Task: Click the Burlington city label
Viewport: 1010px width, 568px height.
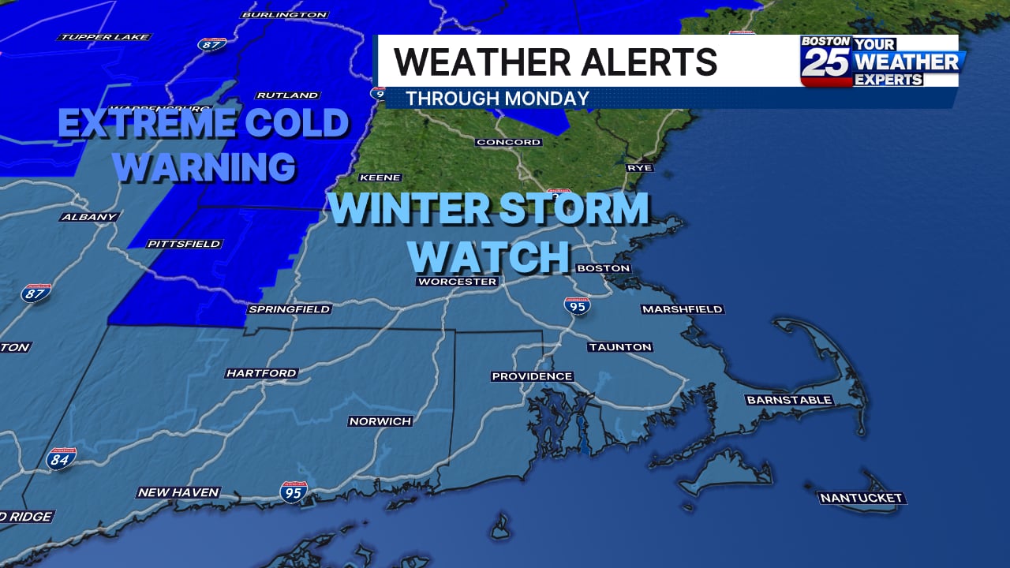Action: [x=284, y=14]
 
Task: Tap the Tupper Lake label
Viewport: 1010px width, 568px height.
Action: [x=105, y=36]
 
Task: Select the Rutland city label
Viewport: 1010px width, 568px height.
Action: [x=287, y=95]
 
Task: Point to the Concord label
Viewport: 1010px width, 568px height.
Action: [x=509, y=142]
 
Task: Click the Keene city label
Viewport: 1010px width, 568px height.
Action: [x=380, y=177]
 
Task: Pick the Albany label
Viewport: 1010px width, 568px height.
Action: [x=89, y=216]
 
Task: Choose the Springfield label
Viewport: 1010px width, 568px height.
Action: [x=290, y=309]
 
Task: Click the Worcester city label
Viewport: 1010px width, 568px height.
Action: [x=458, y=282]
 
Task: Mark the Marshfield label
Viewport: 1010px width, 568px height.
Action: [x=683, y=309]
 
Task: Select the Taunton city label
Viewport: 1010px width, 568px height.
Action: [x=620, y=347]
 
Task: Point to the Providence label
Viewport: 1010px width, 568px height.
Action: [x=533, y=376]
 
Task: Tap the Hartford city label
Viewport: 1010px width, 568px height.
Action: [x=261, y=373]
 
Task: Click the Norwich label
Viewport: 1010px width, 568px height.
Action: [x=380, y=421]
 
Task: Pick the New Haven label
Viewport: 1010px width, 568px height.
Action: [x=178, y=492]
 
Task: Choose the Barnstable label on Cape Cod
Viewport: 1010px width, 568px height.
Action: [x=789, y=400]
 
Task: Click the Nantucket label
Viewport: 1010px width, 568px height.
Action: [x=861, y=498]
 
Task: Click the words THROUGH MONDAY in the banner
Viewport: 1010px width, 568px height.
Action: [x=498, y=99]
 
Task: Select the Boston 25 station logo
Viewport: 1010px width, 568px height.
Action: [x=826, y=60]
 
